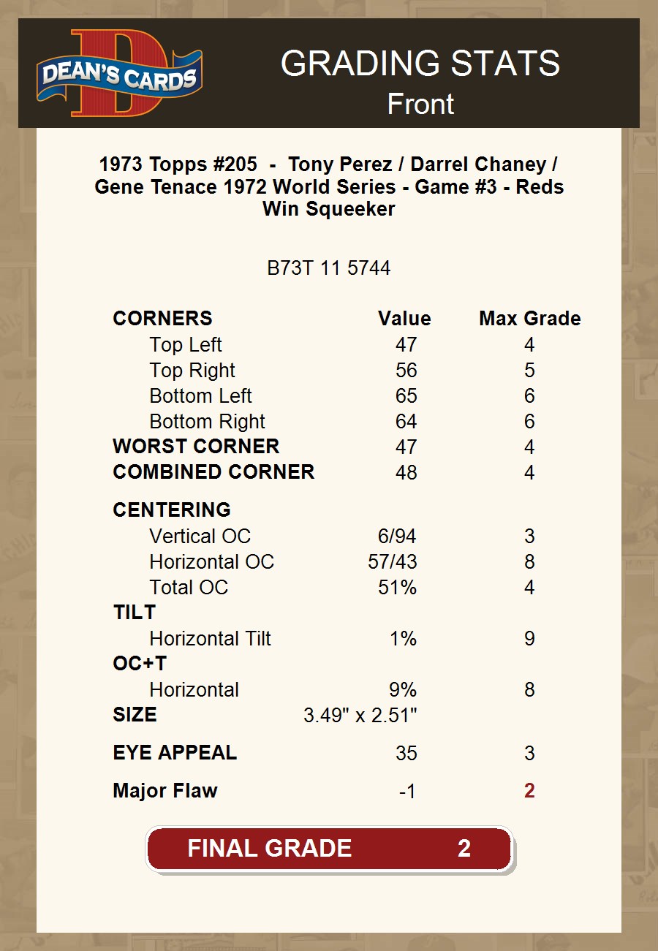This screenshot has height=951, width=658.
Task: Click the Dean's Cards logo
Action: point(119,73)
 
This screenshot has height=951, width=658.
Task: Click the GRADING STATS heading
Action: point(420,64)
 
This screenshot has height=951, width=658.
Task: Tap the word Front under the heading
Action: point(420,105)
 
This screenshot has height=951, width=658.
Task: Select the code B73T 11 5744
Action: point(329,268)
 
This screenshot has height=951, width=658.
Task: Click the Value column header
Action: point(404,319)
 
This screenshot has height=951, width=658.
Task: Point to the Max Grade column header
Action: point(530,319)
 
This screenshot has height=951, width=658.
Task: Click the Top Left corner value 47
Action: point(406,345)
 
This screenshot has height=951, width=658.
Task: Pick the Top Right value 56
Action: point(406,371)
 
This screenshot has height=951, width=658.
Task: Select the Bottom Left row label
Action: point(200,396)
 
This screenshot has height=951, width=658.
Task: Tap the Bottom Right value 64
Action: point(406,422)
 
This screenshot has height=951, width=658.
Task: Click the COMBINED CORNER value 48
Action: point(406,472)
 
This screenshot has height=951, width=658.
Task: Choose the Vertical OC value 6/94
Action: point(397,537)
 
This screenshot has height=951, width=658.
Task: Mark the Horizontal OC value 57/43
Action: point(392,562)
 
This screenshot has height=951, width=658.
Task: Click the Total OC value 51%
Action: point(397,588)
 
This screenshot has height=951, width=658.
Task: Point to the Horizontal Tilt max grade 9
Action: point(529,639)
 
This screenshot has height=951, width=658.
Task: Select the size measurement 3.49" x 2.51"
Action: point(360,715)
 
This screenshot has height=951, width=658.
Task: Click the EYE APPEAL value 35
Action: point(406,754)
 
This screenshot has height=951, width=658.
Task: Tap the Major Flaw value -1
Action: point(407,792)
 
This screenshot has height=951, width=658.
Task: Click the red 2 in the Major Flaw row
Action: point(529,791)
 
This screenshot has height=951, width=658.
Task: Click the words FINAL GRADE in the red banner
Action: point(270,849)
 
